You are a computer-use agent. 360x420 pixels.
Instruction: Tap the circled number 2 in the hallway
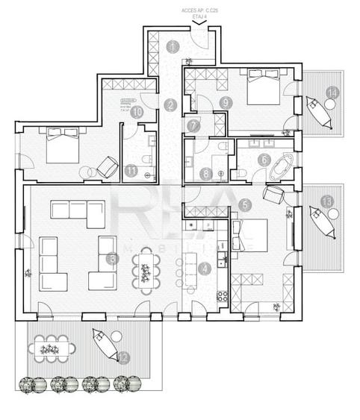(172, 105)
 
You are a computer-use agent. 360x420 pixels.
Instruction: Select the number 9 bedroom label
(223, 102)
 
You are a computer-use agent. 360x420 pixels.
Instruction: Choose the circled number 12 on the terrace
(122, 357)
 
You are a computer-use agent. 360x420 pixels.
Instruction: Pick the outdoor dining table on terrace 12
(55, 347)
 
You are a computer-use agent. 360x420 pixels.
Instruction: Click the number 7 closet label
(193, 125)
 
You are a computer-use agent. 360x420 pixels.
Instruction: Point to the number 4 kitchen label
(205, 269)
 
